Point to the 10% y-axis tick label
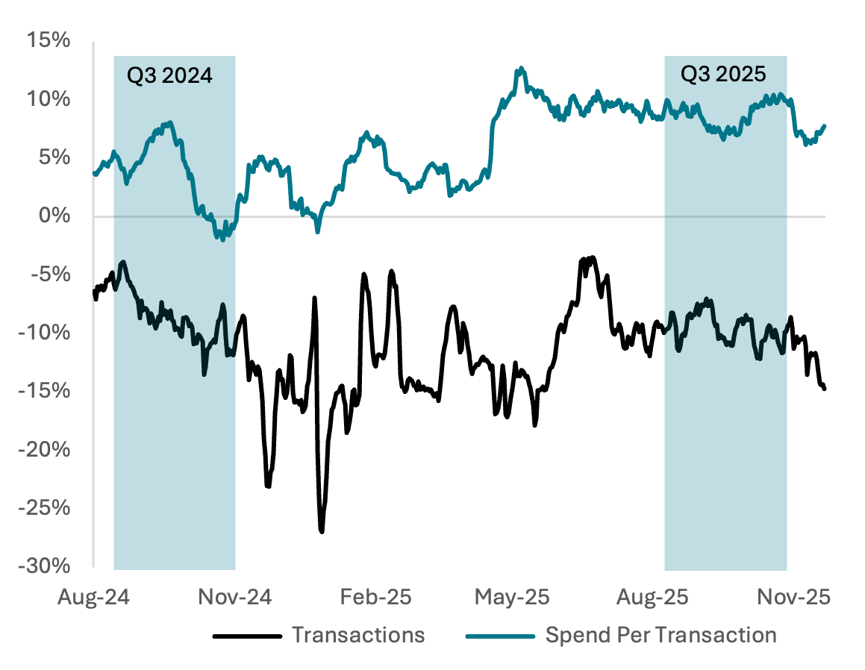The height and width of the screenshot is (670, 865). tap(51, 99)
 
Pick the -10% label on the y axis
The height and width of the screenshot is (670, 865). tap(48, 333)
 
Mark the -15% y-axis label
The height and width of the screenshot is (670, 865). tap(48, 391)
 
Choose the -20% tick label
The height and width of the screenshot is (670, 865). tap(48, 449)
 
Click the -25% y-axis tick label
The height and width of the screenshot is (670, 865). tap(48, 507)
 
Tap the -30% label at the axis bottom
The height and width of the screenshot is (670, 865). tap(48, 566)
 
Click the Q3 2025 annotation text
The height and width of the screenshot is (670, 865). tap(724, 74)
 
